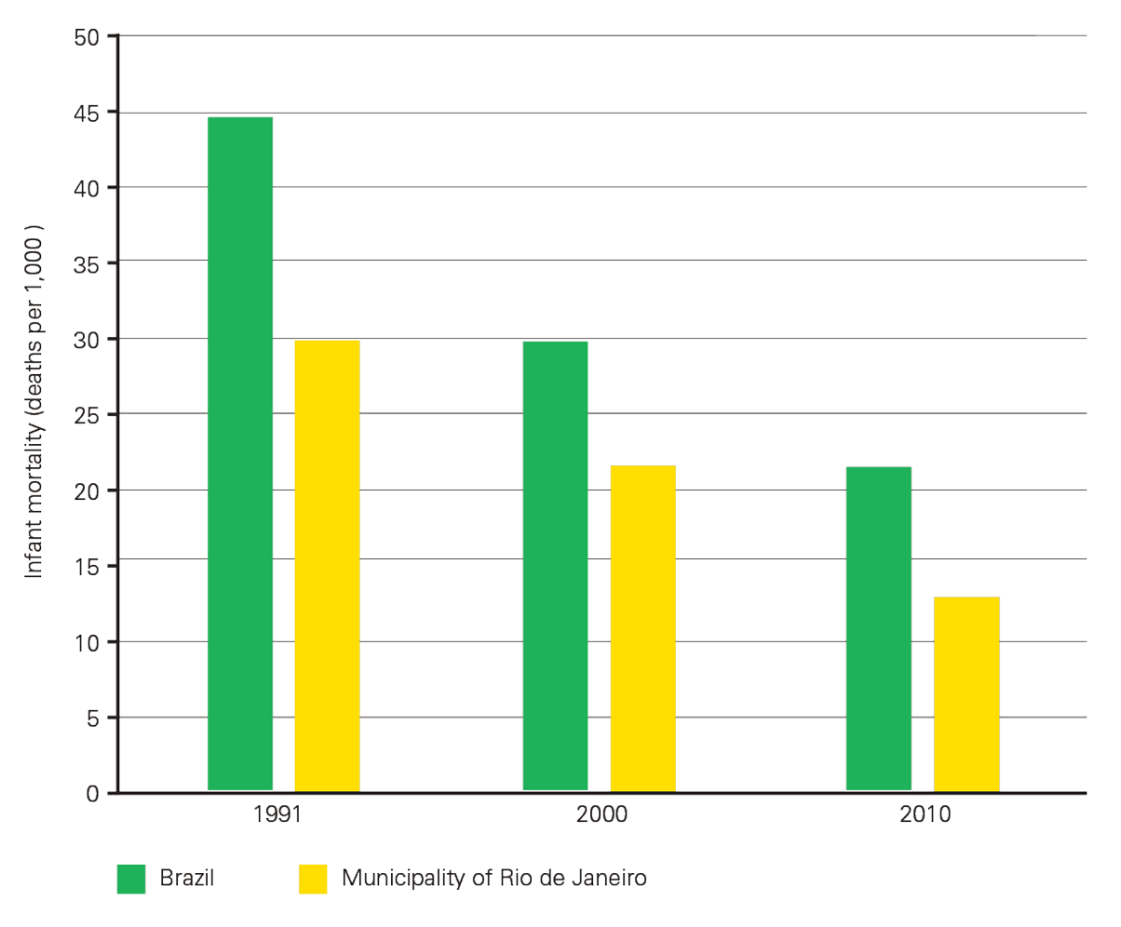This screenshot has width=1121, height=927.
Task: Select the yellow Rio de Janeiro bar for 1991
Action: click(327, 566)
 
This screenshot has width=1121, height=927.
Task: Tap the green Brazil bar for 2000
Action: click(555, 566)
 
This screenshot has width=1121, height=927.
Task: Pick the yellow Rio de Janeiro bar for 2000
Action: click(642, 628)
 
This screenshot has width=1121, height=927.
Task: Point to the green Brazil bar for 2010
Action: click(878, 628)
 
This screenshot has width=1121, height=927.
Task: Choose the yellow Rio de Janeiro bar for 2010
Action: click(966, 693)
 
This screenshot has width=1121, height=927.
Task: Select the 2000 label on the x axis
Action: click(600, 815)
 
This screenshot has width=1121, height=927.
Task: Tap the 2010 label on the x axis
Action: click(923, 815)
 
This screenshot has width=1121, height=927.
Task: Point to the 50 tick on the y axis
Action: click(90, 36)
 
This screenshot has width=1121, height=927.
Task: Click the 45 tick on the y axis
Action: click(90, 113)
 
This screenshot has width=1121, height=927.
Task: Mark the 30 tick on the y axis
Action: click(90, 339)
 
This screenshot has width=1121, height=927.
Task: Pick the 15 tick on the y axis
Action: click(90, 566)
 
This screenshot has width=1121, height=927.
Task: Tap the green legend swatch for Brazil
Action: click(131, 879)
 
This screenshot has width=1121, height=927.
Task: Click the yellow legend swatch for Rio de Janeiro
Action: click(313, 879)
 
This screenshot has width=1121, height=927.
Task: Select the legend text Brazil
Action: click(187, 878)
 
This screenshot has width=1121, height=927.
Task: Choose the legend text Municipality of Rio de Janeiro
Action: click(493, 878)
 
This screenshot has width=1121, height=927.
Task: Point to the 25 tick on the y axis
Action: click(90, 414)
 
